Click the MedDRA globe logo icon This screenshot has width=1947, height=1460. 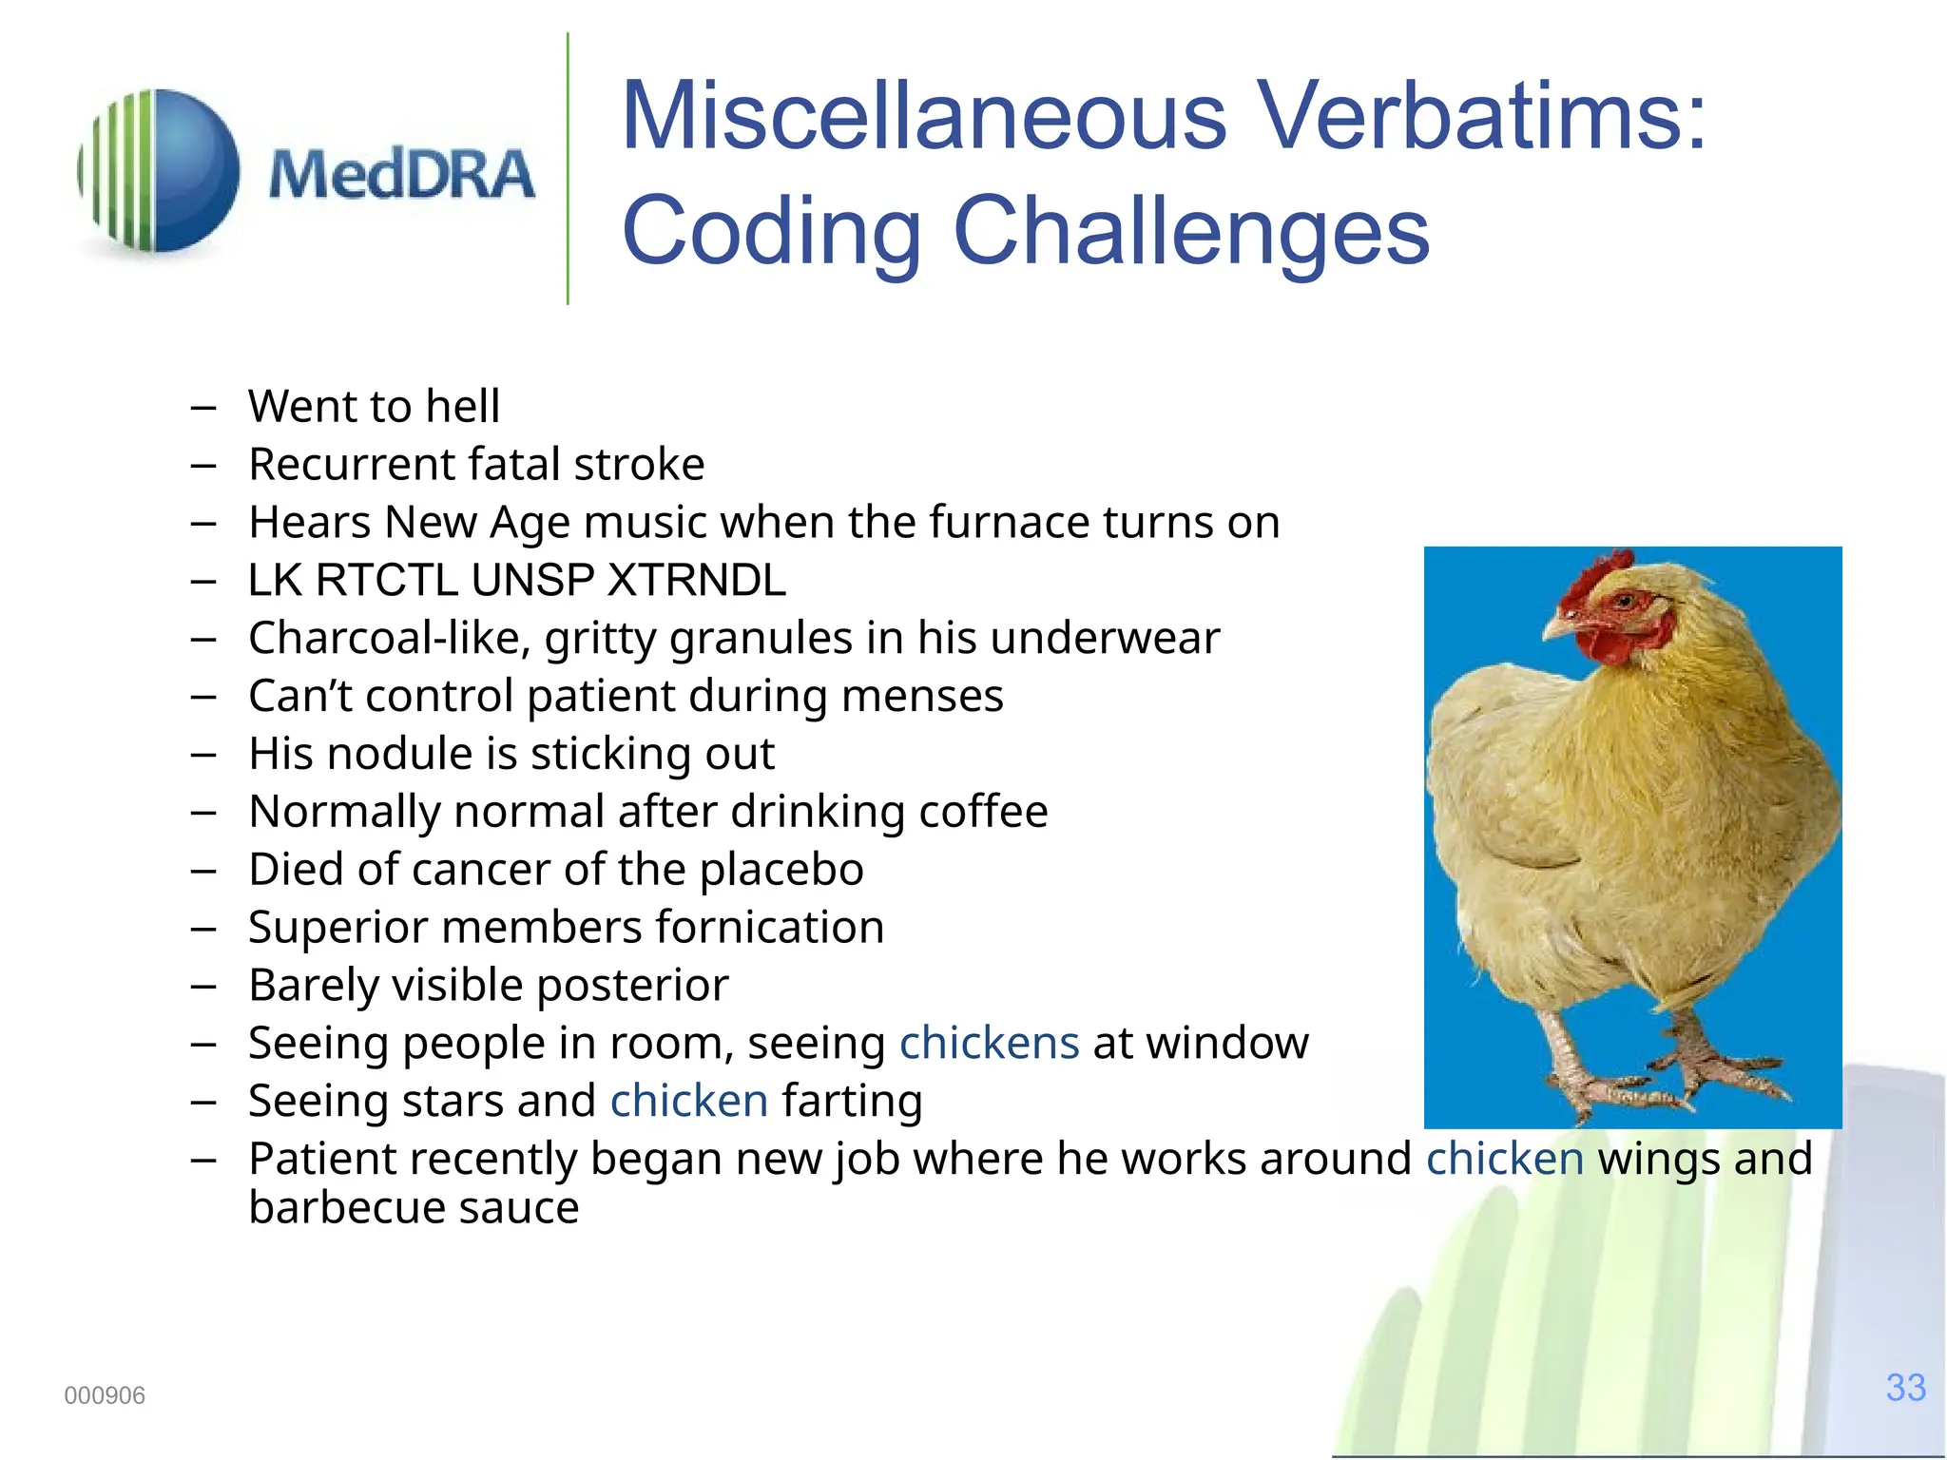pyautogui.click(x=160, y=171)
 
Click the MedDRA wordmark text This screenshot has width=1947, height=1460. pyautogui.click(x=401, y=176)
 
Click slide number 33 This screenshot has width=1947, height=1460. pyautogui.click(x=1905, y=1388)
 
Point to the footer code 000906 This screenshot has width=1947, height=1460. pyautogui.click(x=105, y=1395)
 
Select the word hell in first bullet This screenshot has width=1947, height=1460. pyautogui.click(x=462, y=407)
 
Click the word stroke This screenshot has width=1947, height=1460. pyautogui.click(x=639, y=465)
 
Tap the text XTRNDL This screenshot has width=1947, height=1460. pyautogui.click(x=697, y=581)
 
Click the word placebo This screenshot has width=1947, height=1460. pyautogui.click(x=781, y=871)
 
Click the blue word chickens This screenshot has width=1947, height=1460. pyautogui.click(x=989, y=1044)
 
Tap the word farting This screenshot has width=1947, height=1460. pyautogui.click(x=852, y=1102)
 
